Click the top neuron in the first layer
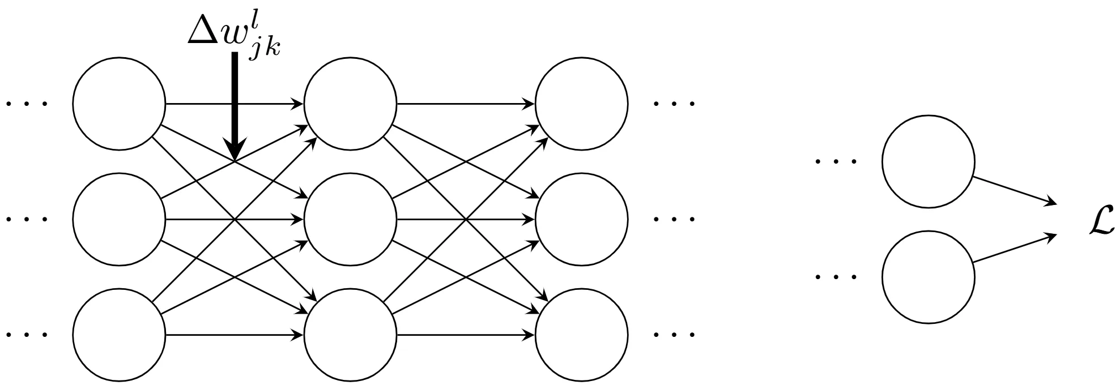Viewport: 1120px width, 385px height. pyautogui.click(x=119, y=104)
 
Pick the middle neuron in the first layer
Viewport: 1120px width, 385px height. pyautogui.click(x=119, y=219)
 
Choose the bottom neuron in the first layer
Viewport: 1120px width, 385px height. pyautogui.click(x=119, y=335)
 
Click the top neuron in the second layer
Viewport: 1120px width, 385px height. pyautogui.click(x=350, y=104)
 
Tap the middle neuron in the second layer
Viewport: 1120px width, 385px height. pyautogui.click(x=350, y=219)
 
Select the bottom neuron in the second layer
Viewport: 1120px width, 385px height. pyautogui.click(x=350, y=335)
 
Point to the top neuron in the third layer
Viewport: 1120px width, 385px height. pyautogui.click(x=581, y=104)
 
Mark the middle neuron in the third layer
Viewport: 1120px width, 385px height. pyautogui.click(x=581, y=219)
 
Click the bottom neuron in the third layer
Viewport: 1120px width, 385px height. pyautogui.click(x=581, y=335)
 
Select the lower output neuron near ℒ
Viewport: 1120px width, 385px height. pyautogui.click(x=928, y=277)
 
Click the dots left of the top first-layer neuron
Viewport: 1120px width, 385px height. pyautogui.click(x=27, y=104)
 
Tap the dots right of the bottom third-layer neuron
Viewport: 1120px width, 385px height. pyautogui.click(x=674, y=335)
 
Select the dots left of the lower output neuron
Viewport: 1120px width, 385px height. pyautogui.click(x=836, y=277)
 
